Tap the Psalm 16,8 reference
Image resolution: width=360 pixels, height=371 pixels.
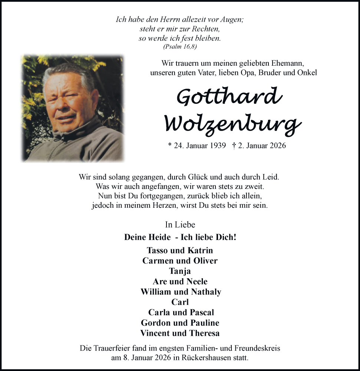(180, 47)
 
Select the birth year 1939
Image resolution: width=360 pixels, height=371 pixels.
(217, 145)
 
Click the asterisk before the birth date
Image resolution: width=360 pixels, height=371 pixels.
(170, 145)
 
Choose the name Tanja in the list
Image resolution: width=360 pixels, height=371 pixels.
(180, 271)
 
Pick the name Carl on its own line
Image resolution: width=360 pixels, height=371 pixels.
(180, 302)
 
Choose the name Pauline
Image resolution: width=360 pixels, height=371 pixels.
(205, 323)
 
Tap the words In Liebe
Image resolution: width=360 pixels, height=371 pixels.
(180, 224)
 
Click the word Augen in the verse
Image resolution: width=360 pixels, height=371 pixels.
(232, 19)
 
